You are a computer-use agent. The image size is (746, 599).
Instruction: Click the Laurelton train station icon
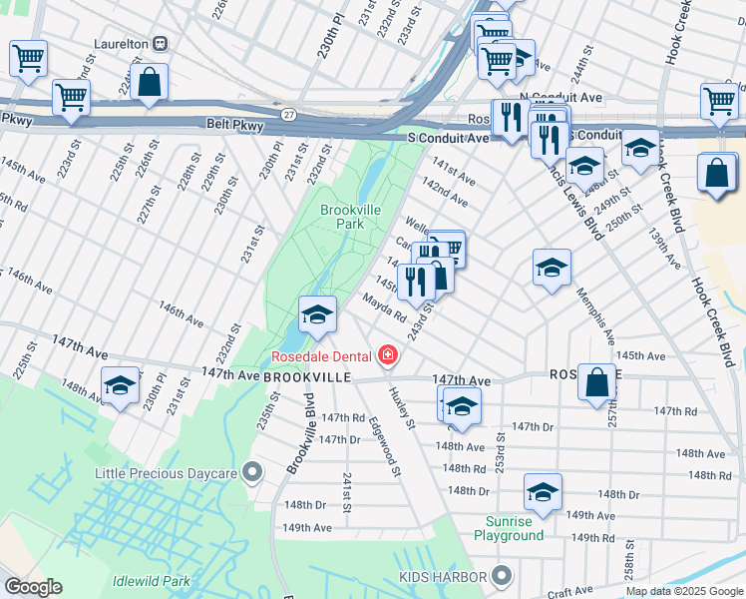point(159,44)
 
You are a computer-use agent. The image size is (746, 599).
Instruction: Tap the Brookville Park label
point(343,217)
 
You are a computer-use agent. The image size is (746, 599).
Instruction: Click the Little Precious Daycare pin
point(253,472)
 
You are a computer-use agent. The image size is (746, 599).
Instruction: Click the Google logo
point(33,587)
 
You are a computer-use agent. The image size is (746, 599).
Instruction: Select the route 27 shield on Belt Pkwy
point(288,116)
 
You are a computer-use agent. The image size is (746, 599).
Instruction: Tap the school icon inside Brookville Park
point(316,313)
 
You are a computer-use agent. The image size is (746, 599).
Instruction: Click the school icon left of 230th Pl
point(120,384)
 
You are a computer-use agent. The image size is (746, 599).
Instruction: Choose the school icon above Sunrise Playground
point(543,491)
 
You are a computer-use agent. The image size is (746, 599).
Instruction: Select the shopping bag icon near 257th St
point(595,381)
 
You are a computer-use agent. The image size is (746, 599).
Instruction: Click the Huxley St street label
point(402,408)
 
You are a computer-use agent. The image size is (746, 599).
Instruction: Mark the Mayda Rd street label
point(384,306)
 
